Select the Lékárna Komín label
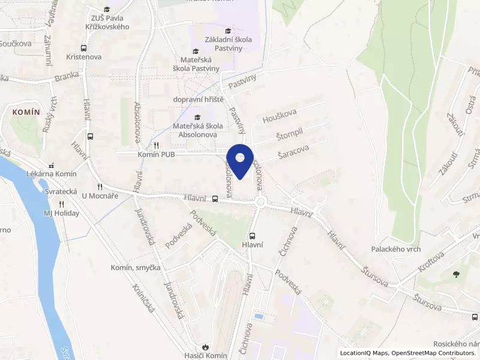(52, 173)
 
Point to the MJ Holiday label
(61, 213)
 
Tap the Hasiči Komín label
(206, 355)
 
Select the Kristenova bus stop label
(84, 57)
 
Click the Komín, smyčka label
(135, 267)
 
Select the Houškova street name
(280, 116)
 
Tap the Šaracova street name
(293, 154)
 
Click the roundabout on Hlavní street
(260, 202)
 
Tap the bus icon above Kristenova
(83, 48)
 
